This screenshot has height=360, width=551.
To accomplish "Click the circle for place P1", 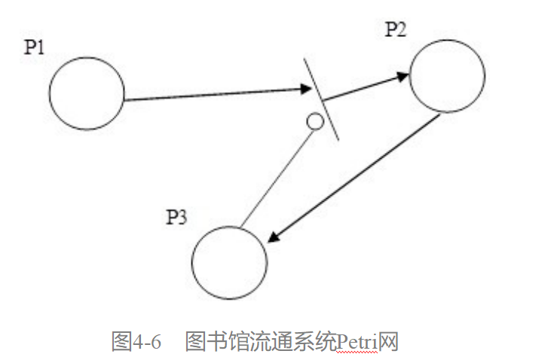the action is (x=87, y=93).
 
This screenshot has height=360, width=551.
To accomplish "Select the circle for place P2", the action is (x=447, y=75).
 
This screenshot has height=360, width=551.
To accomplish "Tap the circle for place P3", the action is (x=229, y=261).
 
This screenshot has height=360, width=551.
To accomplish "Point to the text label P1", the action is (x=35, y=47).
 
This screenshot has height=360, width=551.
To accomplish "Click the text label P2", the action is (x=396, y=29).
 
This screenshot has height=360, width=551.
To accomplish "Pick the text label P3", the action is (x=177, y=218).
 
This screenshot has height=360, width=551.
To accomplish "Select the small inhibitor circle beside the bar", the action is (x=315, y=121).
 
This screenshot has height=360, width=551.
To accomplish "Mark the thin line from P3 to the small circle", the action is (x=275, y=176).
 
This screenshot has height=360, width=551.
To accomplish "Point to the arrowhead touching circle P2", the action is (x=403, y=76).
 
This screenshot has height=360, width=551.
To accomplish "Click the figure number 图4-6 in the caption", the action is (x=136, y=342).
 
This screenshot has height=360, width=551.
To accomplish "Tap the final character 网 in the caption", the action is (x=388, y=342).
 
